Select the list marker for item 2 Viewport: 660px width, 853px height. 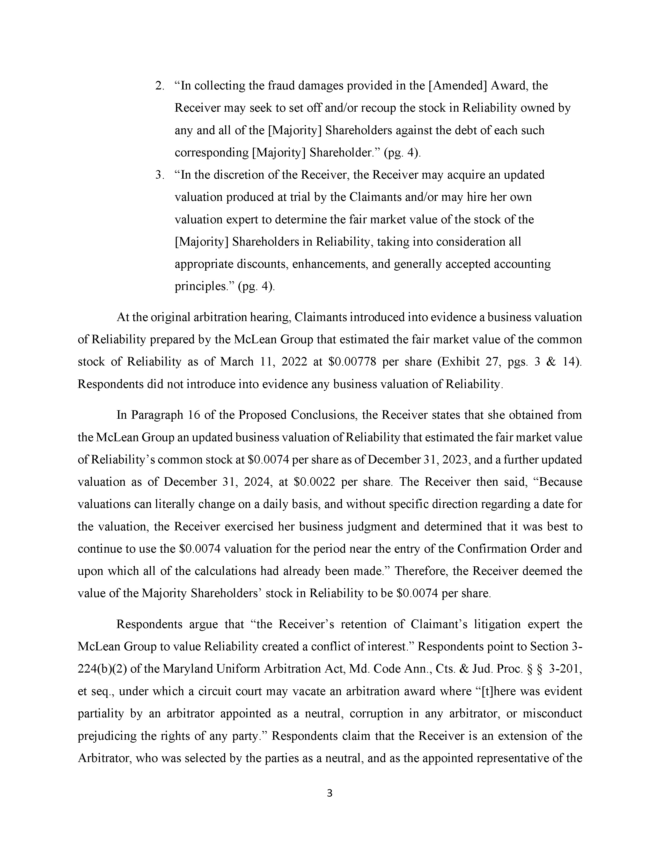(159, 86)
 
